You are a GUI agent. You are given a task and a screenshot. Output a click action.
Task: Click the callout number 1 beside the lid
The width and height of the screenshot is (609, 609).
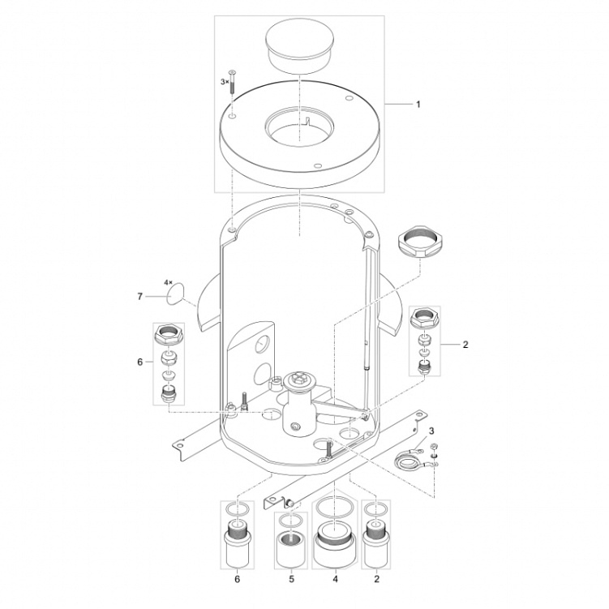[x=418, y=105]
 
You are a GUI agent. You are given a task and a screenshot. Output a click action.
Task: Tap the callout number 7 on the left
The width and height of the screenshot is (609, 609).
[x=139, y=297]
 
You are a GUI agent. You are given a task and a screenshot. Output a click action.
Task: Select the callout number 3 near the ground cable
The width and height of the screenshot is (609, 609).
[x=431, y=431]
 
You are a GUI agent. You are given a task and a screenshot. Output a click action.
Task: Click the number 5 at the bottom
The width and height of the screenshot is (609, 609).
[x=291, y=579]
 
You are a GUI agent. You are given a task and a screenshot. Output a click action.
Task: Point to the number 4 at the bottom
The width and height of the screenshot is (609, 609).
[x=335, y=579]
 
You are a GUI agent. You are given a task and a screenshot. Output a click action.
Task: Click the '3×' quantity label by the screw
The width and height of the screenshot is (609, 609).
[x=225, y=82]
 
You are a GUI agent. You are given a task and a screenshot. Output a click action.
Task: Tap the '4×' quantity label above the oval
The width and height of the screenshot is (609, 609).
[x=168, y=281]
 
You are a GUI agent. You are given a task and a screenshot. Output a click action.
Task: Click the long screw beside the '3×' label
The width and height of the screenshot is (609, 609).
[x=232, y=81]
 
